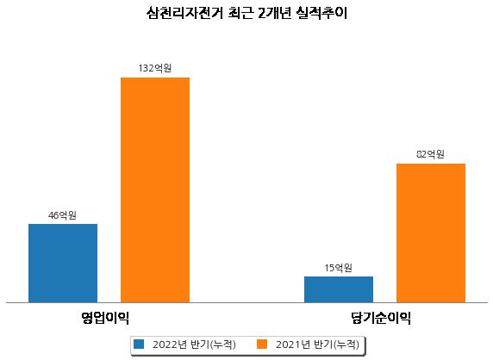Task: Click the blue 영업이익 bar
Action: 63,264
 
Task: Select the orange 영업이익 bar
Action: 155,190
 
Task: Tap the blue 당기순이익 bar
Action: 339,289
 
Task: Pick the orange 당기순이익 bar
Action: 431,233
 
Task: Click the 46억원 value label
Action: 62,215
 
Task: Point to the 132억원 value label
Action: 155,68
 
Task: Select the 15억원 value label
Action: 339,268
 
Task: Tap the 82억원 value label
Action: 430,154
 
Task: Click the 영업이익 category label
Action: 105,318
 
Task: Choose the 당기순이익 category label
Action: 381,318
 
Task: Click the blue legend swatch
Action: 139,344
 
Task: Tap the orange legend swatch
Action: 262,344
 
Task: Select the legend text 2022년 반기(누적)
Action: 194,344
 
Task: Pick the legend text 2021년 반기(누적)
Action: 317,344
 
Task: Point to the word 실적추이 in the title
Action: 321,13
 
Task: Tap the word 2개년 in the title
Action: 274,13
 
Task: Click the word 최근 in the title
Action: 240,13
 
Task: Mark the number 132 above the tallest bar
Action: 147,68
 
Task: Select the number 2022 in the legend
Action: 165,344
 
